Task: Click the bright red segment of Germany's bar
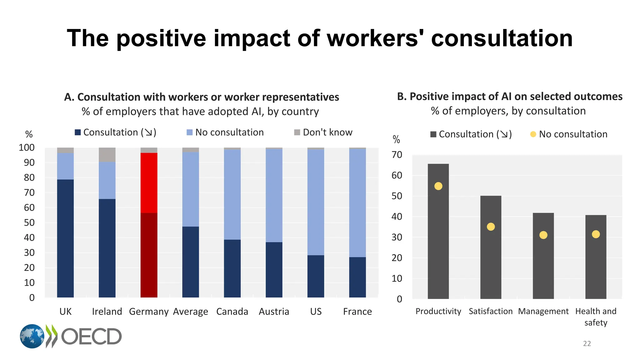click(x=149, y=183)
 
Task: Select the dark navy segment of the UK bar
click(x=65, y=238)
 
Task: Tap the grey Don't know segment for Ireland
click(x=107, y=155)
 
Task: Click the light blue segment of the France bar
click(x=357, y=203)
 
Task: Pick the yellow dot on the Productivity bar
click(x=438, y=186)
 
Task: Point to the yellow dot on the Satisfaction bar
click(x=491, y=227)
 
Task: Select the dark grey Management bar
click(x=543, y=266)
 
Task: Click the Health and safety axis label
click(x=596, y=317)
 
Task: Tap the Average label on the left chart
click(x=190, y=312)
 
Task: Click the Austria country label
click(x=274, y=312)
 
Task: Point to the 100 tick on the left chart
click(x=27, y=147)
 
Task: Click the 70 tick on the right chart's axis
click(x=397, y=155)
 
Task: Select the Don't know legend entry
click(x=323, y=132)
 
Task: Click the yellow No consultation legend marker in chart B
click(x=533, y=134)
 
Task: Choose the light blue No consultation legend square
click(x=189, y=132)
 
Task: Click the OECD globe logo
click(x=32, y=336)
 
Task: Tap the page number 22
click(x=587, y=343)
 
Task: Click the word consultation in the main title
click(x=502, y=38)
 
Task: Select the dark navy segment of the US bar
click(x=316, y=276)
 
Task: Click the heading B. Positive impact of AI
click(x=509, y=97)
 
